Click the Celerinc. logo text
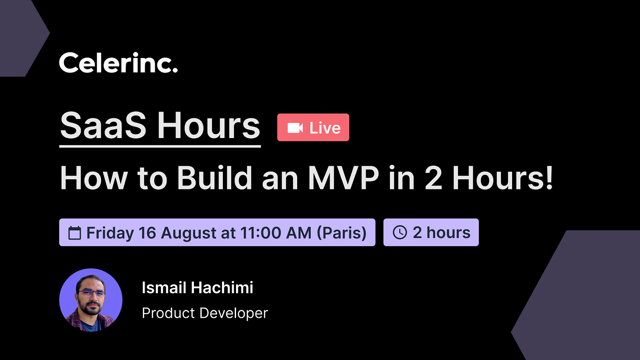(118, 63)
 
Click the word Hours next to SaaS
(209, 126)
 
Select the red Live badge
(313, 127)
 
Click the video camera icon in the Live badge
(295, 128)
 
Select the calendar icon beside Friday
(75, 233)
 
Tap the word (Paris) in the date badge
(342, 233)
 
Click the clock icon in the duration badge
(399, 233)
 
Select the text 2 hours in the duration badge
(441, 233)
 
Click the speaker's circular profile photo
(91, 300)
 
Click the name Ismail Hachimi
(197, 288)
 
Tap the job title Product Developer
(205, 313)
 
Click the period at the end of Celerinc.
(175, 70)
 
